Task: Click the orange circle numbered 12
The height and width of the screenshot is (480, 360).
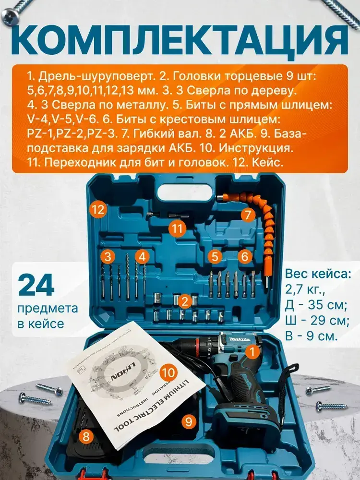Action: click(x=98, y=210)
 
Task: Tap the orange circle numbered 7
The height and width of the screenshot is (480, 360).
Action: click(x=248, y=215)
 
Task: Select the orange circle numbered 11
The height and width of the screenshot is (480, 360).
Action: click(x=177, y=228)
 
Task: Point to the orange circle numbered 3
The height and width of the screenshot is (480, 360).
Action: click(x=108, y=256)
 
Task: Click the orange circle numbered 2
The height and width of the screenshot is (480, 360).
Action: click(x=184, y=302)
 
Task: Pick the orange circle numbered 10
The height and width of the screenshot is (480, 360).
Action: click(x=168, y=372)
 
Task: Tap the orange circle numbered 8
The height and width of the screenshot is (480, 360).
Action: click(x=86, y=436)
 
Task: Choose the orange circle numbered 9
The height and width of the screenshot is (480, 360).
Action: click(x=189, y=422)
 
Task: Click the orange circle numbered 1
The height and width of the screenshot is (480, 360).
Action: click(x=252, y=352)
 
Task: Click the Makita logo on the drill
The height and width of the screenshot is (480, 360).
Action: click(x=240, y=339)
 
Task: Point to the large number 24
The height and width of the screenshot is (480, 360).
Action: click(x=36, y=285)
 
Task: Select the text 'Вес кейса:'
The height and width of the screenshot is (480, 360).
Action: click(x=318, y=273)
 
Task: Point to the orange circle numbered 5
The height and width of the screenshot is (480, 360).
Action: click(x=215, y=256)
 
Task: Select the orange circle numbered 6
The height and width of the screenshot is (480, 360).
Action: click(x=244, y=256)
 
